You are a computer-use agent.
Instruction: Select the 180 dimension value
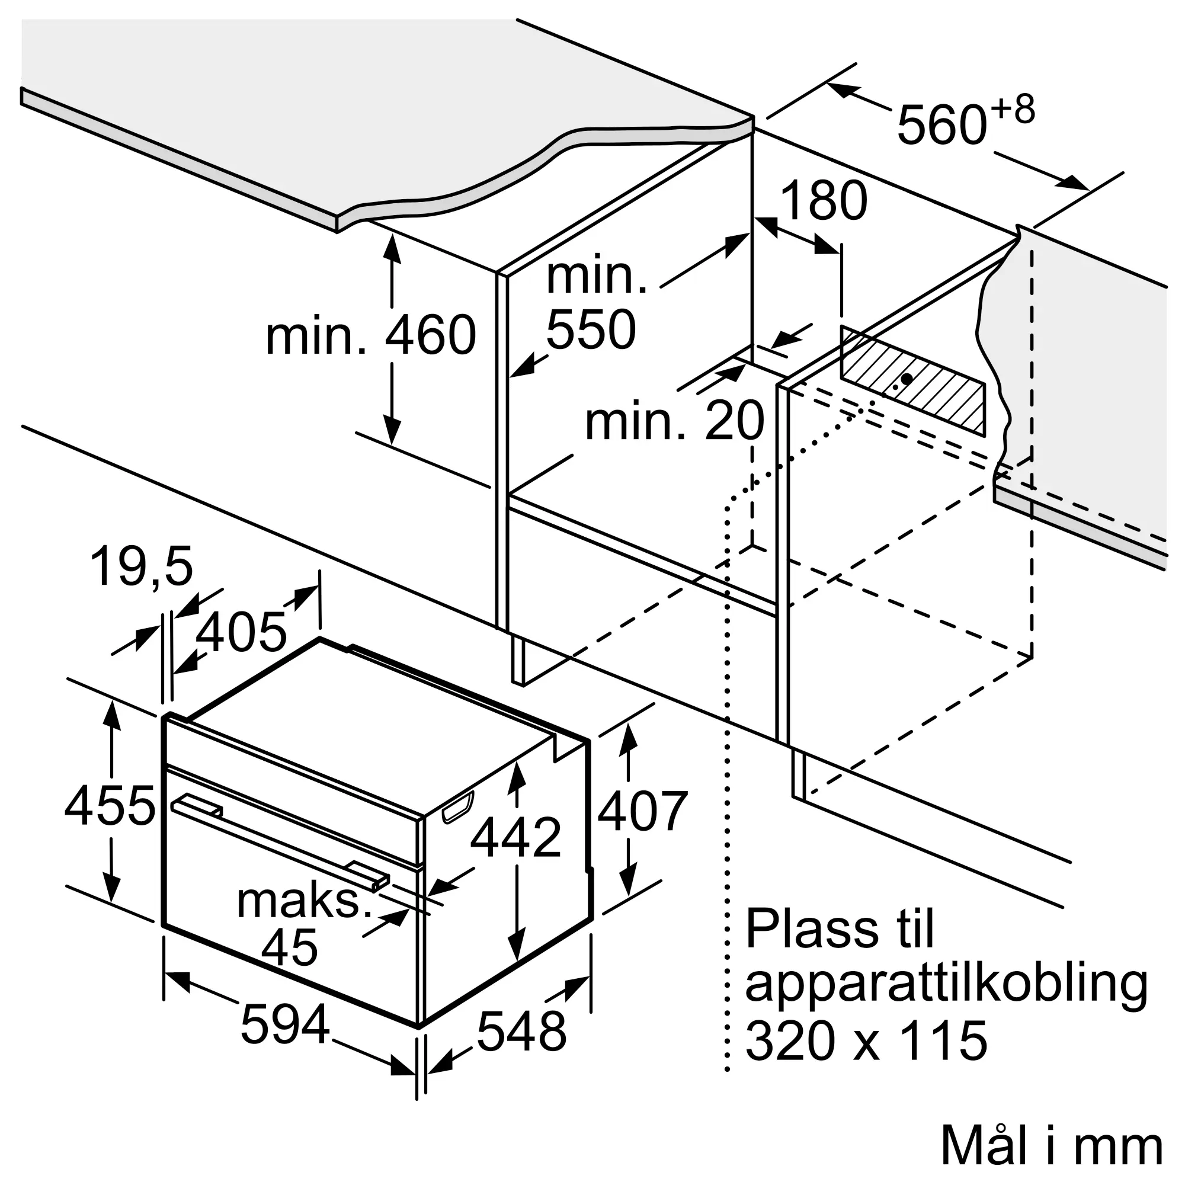(x=824, y=201)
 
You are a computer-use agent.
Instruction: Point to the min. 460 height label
(x=370, y=335)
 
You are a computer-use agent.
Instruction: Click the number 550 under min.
(x=591, y=329)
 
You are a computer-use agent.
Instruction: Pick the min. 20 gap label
(x=674, y=421)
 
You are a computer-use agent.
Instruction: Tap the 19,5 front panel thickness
(x=142, y=568)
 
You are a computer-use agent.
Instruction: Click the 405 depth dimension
(x=241, y=631)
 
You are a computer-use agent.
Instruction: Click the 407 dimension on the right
(x=642, y=810)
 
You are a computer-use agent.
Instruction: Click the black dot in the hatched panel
(x=907, y=379)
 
